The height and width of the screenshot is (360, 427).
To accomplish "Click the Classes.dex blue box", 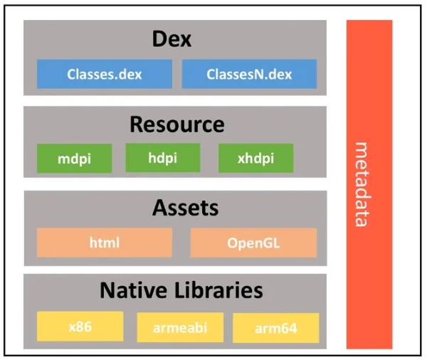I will [104, 74].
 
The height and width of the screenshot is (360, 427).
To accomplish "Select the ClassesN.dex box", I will [249, 74].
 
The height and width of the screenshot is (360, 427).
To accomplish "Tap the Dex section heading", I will [172, 38].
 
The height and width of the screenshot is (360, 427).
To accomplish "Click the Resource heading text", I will [176, 125].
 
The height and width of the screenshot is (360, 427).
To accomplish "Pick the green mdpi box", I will [74, 159].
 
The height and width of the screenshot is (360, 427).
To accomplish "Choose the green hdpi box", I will [162, 157].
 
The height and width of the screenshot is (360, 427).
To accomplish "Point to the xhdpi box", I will [255, 159].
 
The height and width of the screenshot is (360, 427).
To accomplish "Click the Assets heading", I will [175, 208].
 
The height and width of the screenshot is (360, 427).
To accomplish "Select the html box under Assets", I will [104, 243].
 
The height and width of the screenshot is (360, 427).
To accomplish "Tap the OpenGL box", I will [253, 243].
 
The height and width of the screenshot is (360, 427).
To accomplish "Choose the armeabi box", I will [179, 328].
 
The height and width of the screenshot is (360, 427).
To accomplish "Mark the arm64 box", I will [275, 328].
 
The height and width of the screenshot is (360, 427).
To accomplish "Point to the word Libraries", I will [216, 290].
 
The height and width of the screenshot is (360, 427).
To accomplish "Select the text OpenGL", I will [253, 243].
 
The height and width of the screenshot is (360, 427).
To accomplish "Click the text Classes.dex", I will [104, 74].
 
